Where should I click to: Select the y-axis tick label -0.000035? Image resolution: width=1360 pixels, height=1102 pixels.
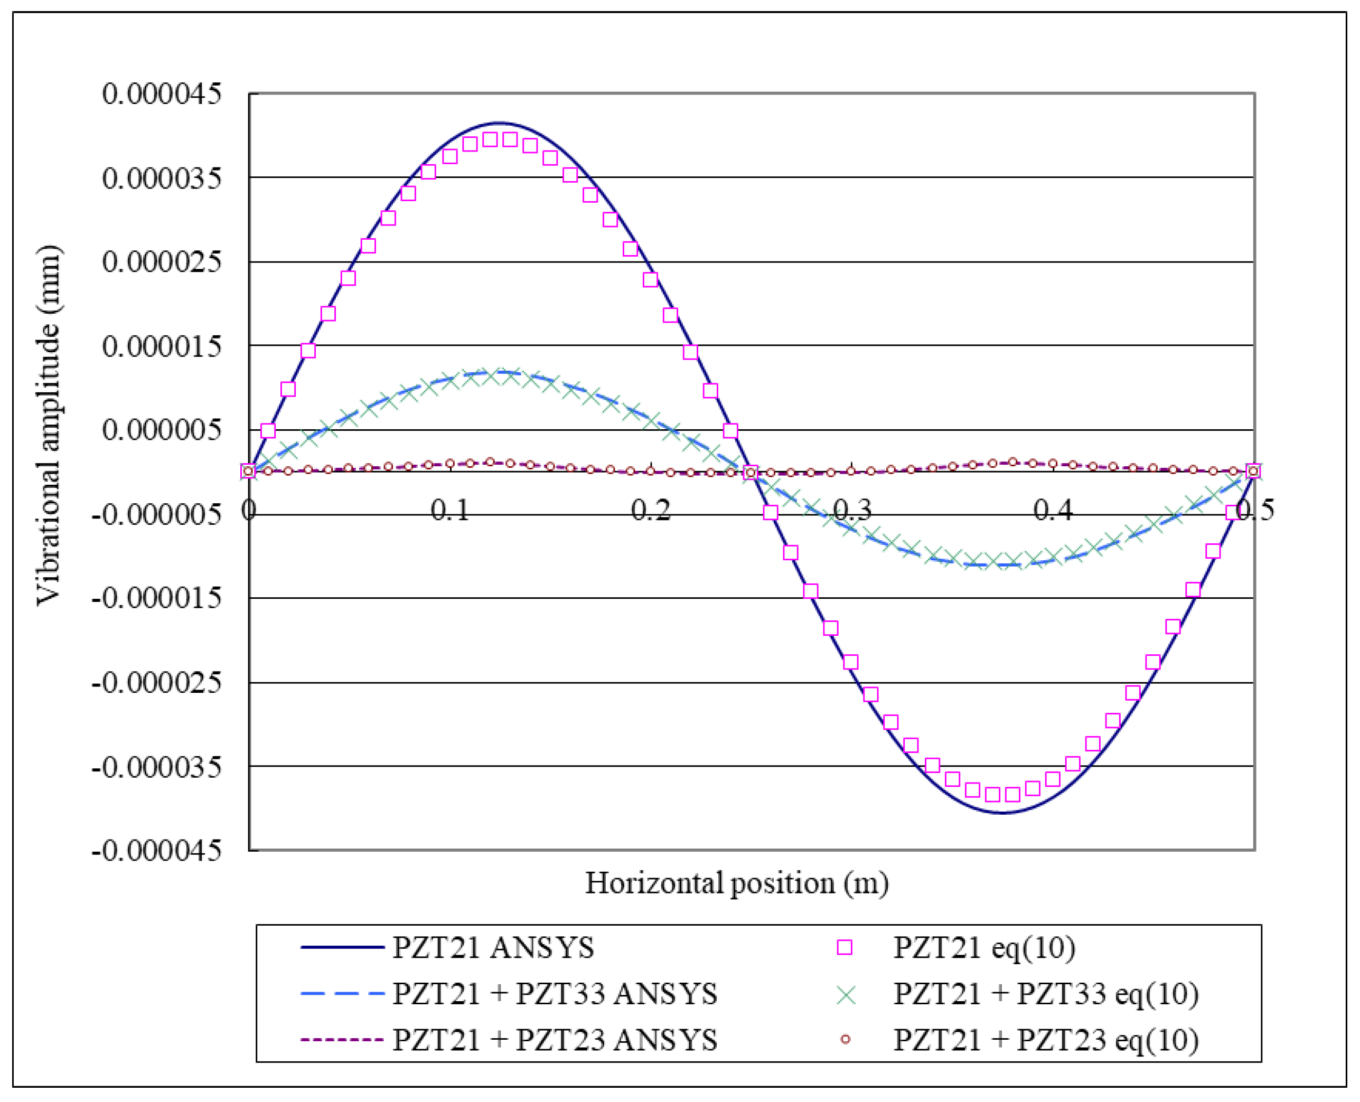156,767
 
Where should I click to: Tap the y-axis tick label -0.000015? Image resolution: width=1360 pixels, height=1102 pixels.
156,598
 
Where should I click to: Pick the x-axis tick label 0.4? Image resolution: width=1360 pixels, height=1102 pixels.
1053,510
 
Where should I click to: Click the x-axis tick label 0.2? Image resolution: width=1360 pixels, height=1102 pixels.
651,510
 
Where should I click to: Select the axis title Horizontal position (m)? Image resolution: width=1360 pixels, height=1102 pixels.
736,883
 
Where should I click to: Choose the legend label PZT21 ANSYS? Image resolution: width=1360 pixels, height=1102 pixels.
493,948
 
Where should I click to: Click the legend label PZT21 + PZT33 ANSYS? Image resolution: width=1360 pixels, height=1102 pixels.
554,993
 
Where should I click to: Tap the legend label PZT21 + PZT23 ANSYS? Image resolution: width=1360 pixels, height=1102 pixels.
554,1040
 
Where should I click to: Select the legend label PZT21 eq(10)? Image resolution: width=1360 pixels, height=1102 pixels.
984,948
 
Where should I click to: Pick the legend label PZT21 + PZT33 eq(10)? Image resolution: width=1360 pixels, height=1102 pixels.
1046,993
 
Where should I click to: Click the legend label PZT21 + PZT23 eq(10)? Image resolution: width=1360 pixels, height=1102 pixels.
1046,1040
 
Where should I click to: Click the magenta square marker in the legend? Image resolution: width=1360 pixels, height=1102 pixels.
845,948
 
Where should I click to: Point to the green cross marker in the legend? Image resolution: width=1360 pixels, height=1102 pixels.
846,995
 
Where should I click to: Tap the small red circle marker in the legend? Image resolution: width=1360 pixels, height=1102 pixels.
845,1040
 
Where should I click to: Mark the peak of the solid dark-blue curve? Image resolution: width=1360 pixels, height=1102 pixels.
500,123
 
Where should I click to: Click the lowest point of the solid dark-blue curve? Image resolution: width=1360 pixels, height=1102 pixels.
1002,813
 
